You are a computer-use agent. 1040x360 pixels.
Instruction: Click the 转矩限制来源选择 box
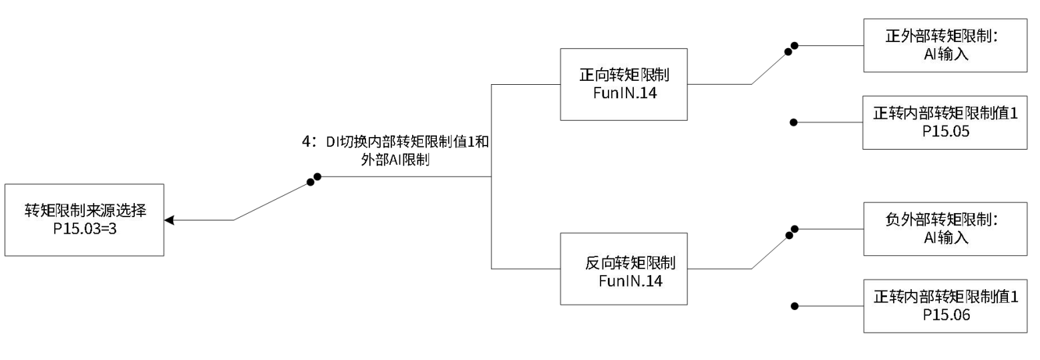coord(84,220)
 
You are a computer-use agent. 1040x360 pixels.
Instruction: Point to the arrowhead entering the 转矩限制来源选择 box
coord(169,220)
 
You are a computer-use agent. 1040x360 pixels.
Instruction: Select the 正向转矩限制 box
coord(624,84)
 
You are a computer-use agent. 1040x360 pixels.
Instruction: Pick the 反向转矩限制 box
coord(624,268)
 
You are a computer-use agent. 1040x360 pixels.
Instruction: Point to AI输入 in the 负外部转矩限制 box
coord(944,238)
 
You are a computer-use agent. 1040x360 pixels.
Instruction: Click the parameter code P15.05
coord(946,132)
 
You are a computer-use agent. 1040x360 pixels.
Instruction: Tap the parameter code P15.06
coord(946,315)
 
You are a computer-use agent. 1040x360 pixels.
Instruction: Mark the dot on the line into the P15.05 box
coord(794,123)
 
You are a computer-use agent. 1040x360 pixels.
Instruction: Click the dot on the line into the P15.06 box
coord(794,307)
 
